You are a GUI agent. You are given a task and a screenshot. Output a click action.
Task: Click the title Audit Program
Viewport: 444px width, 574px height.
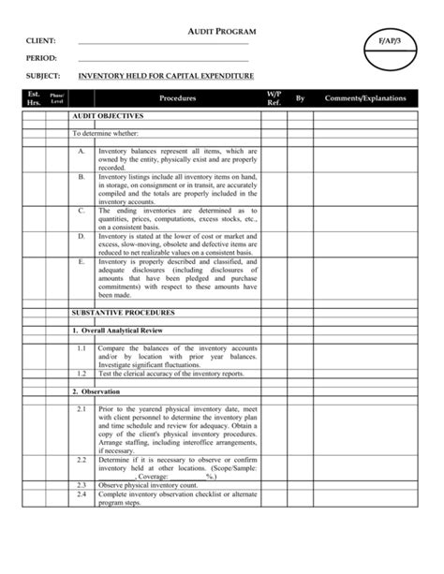[x=222, y=32]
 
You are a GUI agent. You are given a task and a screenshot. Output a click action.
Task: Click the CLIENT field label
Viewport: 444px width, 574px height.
[x=41, y=41]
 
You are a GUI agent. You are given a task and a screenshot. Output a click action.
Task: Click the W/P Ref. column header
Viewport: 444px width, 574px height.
[x=274, y=98]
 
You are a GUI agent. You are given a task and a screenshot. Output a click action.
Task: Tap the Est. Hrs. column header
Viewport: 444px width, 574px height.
[x=35, y=98]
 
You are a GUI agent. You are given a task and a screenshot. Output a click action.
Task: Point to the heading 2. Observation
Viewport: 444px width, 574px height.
[x=97, y=390]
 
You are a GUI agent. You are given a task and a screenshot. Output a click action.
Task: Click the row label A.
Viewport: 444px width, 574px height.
[x=81, y=151]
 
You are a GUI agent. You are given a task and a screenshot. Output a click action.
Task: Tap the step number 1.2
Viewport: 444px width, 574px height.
[x=81, y=373]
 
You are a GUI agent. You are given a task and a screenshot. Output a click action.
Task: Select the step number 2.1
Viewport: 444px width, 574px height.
[x=81, y=409]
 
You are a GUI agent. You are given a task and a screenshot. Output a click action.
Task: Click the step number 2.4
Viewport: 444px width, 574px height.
[x=81, y=493]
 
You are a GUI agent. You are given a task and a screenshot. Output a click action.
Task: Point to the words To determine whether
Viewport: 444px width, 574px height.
[x=104, y=134]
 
